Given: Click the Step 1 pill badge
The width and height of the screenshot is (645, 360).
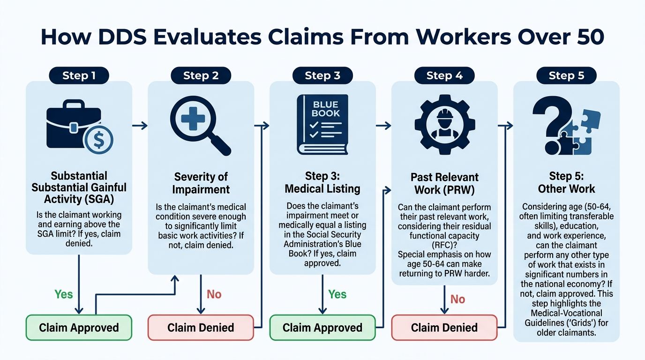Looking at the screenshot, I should coord(79,75).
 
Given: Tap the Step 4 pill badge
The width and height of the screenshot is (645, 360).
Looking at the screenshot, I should coord(444,75).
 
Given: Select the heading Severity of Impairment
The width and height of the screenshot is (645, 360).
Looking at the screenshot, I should coord(201,183).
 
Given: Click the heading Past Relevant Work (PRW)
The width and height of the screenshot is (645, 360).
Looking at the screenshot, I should coord(444,184).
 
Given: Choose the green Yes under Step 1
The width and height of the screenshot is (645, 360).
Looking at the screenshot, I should coord(64,294).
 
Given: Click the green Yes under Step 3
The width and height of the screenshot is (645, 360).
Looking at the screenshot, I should coord(337,294).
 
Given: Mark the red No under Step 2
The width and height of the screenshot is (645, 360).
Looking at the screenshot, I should coord(214,294).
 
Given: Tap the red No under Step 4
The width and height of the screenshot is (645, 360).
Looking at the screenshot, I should coord(457,299).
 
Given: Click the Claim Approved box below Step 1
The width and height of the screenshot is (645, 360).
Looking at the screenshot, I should coord(79,328).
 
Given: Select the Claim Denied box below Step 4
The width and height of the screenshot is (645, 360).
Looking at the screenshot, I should coord(444,328).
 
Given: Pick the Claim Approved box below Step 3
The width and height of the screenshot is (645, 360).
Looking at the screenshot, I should coord(322,328).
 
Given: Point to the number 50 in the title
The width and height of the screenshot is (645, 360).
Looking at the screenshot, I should coord(589,37).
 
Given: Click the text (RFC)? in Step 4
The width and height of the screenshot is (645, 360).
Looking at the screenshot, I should coord(444,245).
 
